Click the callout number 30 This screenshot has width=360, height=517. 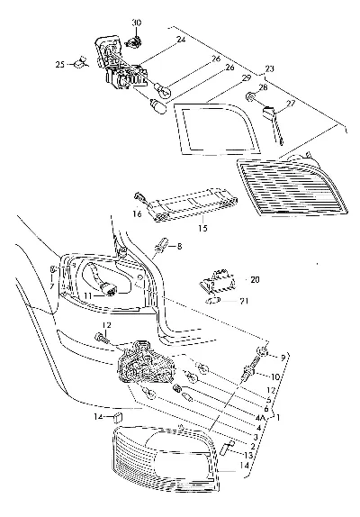coord(137,23)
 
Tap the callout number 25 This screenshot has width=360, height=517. coord(60,64)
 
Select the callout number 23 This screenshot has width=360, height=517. coord(269,69)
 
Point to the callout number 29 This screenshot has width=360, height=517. coord(247,78)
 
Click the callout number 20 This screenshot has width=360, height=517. coord(255,279)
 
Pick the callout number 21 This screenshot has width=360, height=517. coord(244,301)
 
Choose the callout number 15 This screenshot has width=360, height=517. coord(202,228)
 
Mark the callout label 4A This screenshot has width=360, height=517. coord(260,418)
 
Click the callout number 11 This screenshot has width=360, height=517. coord(87,296)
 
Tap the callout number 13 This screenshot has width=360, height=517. coord(248,456)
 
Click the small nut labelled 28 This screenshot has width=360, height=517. coord(251,97)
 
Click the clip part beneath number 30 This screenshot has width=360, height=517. coord(134,41)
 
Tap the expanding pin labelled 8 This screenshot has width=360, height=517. coord(162,246)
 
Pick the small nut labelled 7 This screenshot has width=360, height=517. coord(53,270)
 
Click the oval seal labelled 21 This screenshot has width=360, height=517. coord(212,301)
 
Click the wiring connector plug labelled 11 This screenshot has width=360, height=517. coord(110,288)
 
